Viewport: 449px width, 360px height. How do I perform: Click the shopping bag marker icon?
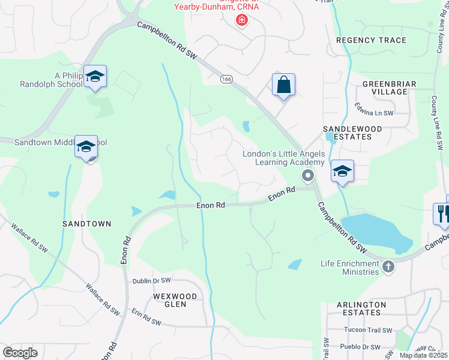283,85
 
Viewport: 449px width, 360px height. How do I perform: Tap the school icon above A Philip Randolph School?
95,76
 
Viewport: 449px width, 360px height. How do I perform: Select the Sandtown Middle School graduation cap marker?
86,146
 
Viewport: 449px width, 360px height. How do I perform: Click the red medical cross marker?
241,20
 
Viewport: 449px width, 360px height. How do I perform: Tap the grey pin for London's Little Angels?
308,175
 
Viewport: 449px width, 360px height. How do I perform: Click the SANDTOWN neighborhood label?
87,223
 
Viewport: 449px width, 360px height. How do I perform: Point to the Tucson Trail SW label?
367,330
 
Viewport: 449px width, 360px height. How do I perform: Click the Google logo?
20,352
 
